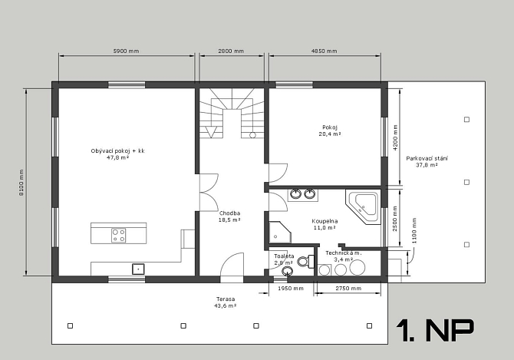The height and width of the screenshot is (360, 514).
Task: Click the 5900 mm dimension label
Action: [x=127, y=51]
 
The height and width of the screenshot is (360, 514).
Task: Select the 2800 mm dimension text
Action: [x=231, y=51]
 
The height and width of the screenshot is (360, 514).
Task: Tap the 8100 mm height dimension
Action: [x=21, y=183]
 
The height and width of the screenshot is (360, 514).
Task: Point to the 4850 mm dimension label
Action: [x=325, y=51]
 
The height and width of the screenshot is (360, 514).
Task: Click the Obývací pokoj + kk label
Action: [x=117, y=151]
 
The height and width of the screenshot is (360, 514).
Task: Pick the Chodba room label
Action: [x=230, y=213]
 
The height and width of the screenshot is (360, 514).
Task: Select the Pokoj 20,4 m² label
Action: [x=330, y=130]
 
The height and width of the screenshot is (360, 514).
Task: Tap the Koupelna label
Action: [x=325, y=221]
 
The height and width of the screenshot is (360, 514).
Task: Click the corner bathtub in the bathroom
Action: [x=363, y=207]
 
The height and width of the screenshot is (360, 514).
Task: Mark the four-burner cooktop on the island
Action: [x=119, y=235]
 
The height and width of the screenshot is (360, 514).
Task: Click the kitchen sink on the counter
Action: [x=138, y=269]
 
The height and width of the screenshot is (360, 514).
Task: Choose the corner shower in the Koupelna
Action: [x=280, y=233]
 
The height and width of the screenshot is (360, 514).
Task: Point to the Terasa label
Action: [x=226, y=299]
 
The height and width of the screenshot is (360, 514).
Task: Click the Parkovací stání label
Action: [x=427, y=159]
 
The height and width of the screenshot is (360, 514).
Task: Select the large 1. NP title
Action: [x=435, y=330]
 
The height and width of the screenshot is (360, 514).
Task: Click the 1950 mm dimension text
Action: [x=291, y=289]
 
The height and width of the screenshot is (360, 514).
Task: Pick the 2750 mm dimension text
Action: [x=348, y=289]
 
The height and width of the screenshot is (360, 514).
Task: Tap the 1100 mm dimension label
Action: [x=414, y=230]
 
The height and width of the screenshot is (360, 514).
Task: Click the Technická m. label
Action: [x=344, y=253]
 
